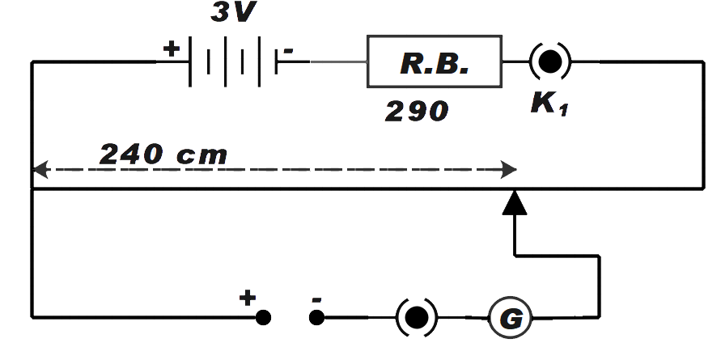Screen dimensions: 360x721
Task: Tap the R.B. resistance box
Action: (434, 61)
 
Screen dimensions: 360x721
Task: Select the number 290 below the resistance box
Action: (416, 111)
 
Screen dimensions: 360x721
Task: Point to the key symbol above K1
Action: (550, 61)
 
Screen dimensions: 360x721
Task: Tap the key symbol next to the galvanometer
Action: (417, 317)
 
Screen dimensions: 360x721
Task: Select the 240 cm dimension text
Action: (163, 154)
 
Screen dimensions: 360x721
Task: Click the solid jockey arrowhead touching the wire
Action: (514, 203)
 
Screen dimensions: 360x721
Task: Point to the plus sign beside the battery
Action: (171, 49)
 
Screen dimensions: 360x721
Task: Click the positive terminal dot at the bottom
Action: (263, 318)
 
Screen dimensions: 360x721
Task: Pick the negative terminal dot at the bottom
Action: (317, 318)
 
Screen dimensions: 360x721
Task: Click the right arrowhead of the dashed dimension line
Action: (510, 170)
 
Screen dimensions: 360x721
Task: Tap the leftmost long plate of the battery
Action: (190, 61)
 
